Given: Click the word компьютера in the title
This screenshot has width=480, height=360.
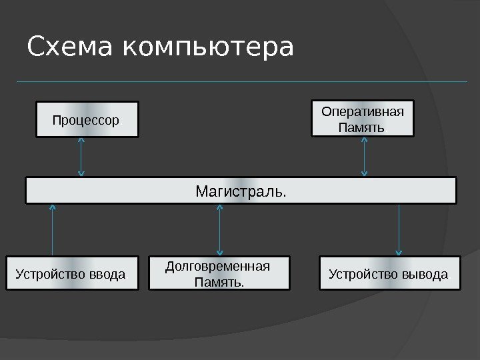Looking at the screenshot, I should [208, 49].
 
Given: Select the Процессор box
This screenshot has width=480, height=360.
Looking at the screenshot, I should [87, 119].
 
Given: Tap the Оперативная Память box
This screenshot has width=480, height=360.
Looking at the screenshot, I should [363, 118].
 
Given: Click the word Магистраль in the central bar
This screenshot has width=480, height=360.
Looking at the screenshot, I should [240, 191].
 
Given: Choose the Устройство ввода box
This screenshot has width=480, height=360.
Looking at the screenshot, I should [72, 273].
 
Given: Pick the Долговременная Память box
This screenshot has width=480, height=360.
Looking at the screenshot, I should [219, 273].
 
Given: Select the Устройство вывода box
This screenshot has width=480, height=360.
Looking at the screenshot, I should [390, 273].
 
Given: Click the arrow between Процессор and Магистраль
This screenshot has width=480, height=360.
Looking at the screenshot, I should [81, 157].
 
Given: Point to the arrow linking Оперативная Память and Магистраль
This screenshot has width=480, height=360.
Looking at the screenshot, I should [364, 157].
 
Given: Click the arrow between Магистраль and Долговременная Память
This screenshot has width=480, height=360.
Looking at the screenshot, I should [219, 230].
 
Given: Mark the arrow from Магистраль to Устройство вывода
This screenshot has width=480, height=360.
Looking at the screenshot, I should [399, 230].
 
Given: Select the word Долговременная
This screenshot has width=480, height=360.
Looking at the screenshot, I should [217, 267].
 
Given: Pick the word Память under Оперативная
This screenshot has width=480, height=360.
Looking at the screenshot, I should [362, 127].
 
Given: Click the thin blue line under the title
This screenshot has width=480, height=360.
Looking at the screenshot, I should [240, 82].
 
